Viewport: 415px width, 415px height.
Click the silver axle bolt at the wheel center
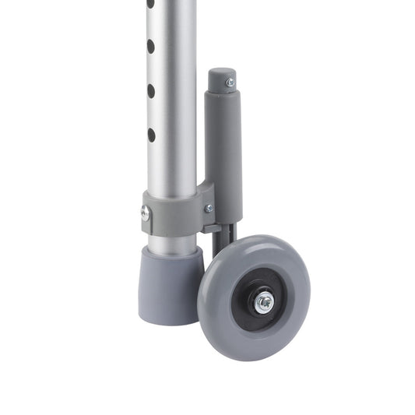coord(265,301)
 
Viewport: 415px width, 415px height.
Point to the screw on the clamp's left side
coord(145,212)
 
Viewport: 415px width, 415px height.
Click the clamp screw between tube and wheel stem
coord(209,208)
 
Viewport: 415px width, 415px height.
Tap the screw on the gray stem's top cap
coord(229,82)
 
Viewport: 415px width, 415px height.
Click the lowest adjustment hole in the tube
coord(151,135)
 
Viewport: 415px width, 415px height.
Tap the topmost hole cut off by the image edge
coord(149,3)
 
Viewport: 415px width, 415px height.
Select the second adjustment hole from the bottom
coord(151,91)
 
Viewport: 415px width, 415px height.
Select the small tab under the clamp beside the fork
coord(208,229)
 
